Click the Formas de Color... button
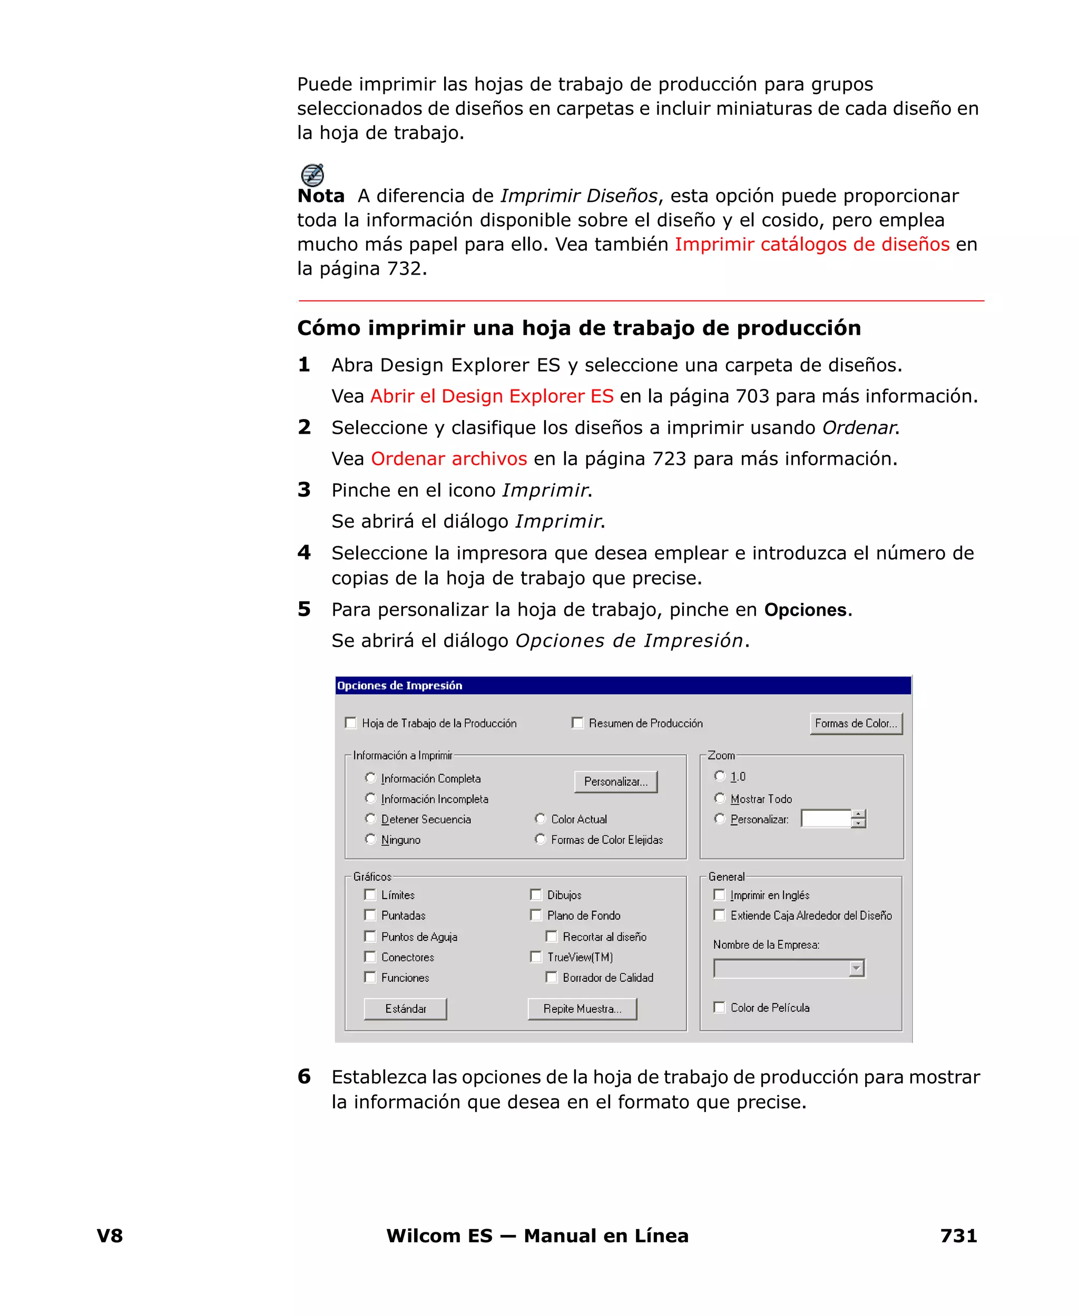pos(856,723)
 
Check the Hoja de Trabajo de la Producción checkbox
pos(350,723)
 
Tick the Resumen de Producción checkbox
pos(577,723)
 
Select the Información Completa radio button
pos(370,778)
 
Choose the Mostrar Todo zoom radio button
pos(720,798)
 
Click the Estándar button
pos(405,1008)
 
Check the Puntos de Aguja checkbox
pos(370,936)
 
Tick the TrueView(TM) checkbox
pos(536,957)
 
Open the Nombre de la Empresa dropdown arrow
pos(857,968)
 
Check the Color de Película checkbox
pos(719,1007)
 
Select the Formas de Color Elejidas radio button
pos(540,839)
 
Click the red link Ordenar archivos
pos(449,459)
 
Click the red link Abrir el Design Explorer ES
pos(492,396)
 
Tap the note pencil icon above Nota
pos(312,174)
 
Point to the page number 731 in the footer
pos(958,1236)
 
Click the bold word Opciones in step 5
pos(805,610)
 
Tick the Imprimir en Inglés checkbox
pos(719,894)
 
